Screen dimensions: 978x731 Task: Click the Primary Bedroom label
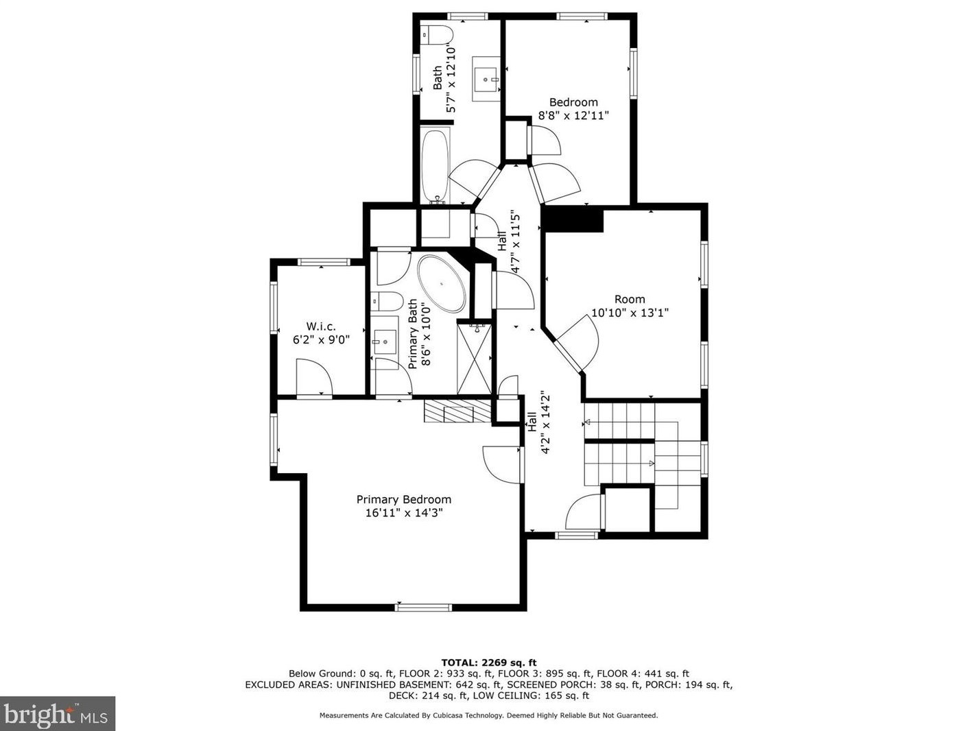click(x=404, y=499)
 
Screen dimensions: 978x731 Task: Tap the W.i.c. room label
click(x=321, y=326)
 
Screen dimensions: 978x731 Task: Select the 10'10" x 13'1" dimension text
click(x=630, y=312)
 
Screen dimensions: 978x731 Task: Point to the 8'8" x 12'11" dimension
click(x=573, y=115)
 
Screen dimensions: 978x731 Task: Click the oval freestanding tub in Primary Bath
click(x=442, y=284)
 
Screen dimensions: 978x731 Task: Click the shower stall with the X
click(x=474, y=359)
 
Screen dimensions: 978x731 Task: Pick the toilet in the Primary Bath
click(x=387, y=301)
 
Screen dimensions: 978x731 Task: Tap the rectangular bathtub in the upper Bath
click(x=435, y=165)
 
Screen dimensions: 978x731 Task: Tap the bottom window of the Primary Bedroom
click(x=423, y=607)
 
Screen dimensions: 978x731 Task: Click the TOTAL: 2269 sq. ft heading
click(x=489, y=663)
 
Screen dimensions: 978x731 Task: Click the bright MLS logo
click(x=57, y=714)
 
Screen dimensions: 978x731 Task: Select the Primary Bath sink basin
click(x=385, y=342)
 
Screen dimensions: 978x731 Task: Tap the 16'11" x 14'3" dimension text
click(x=404, y=513)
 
